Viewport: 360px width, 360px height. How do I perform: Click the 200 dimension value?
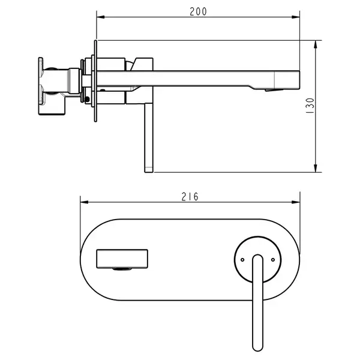click(198, 11)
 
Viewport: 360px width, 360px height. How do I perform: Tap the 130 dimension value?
click(310, 106)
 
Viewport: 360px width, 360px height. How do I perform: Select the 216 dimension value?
click(190, 197)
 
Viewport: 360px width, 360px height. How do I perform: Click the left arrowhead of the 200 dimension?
click(101, 17)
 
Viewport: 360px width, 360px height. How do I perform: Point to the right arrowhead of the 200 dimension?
click(296, 17)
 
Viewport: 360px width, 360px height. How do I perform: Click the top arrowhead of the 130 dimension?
click(316, 44)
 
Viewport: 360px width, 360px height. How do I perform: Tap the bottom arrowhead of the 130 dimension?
click(316, 168)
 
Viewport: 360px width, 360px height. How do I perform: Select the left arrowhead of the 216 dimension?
click(84, 202)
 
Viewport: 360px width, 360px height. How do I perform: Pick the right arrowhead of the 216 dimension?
click(296, 202)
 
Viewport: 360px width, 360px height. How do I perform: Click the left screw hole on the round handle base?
click(242, 260)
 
